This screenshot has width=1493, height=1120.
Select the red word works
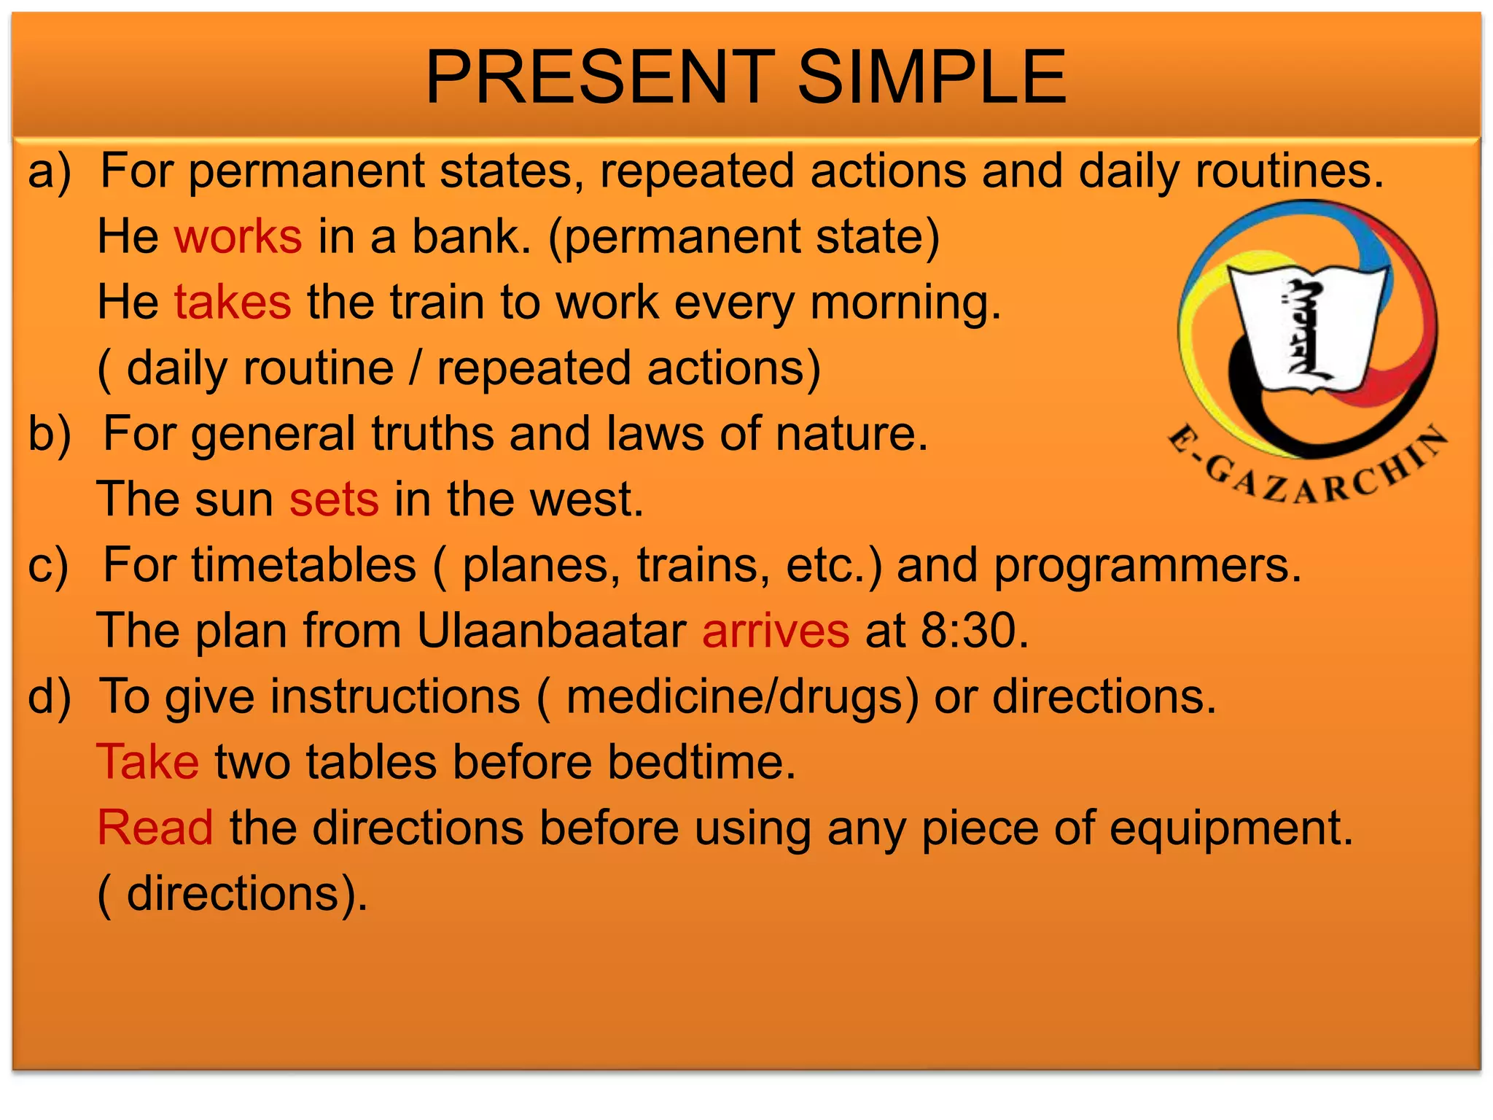coord(238,237)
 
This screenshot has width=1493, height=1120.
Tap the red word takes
coord(233,303)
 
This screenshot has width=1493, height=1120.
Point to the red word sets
coord(334,500)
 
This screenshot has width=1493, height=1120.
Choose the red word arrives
coord(776,631)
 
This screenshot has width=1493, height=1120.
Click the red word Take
coord(148,763)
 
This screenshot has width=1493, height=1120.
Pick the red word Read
coord(155,828)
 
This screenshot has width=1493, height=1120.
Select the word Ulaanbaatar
coord(551,631)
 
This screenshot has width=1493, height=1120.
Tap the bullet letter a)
coord(50,172)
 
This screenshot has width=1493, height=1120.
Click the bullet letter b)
coord(50,435)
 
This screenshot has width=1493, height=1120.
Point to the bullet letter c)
coord(48,566)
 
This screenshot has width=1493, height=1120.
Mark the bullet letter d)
coord(50,697)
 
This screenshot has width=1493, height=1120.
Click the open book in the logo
coord(1307,328)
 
